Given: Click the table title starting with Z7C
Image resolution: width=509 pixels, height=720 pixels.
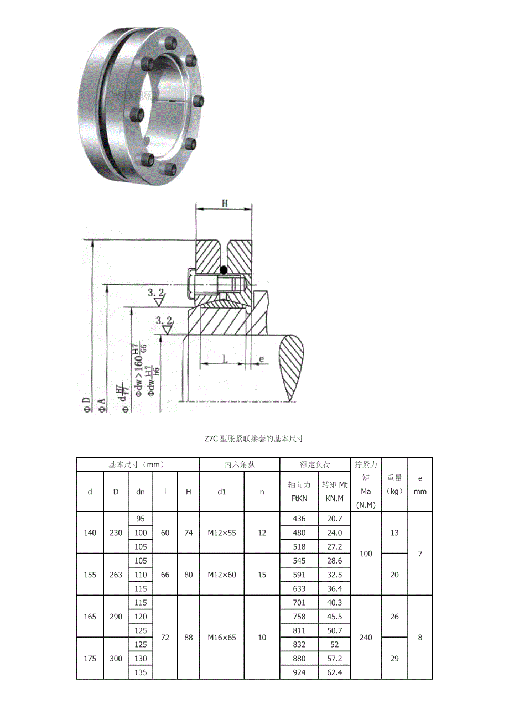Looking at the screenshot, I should pos(254,439).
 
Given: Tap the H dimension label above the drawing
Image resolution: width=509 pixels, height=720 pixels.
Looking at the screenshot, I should pos(225,203).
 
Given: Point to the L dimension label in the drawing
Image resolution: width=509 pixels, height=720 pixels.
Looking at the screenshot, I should pos(225,359).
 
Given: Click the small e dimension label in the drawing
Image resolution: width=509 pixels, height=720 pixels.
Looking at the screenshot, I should pos(261,359).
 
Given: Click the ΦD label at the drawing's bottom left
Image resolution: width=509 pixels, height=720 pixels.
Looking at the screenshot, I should pos(86,404).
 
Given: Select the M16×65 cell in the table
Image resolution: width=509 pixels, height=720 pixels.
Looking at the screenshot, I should pos(222,637).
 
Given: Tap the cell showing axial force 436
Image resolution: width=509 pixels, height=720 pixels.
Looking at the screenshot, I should pos(299,519).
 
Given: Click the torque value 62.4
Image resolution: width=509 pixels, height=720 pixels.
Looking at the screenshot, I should pos(335,672).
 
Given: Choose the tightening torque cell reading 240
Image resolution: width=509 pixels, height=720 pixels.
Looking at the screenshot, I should pos(366,637).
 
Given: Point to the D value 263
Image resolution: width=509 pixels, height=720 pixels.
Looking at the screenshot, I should pos(116,575).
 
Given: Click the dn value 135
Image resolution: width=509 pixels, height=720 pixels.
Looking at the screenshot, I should pos(141,672).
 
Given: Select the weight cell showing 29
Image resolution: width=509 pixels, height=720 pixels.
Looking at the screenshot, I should pos(394,658).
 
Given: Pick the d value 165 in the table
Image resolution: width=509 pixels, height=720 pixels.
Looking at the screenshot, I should pos(90,617).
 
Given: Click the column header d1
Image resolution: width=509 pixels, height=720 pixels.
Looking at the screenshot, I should pos(222,492).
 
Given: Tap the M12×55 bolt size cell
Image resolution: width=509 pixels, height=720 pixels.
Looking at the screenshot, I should pos(222,533).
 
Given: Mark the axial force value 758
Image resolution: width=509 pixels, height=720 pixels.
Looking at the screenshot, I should pos(299,617).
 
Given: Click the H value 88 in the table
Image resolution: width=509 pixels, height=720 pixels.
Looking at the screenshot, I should pos(189,637).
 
